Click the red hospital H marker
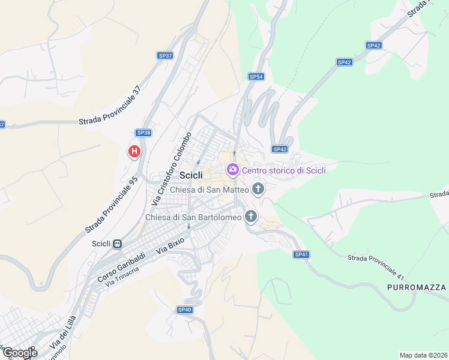click(134, 151)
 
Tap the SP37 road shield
click(165, 56)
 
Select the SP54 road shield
click(256, 76)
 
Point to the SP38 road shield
click(143, 133)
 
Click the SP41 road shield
click(301, 254)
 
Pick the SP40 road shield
click(185, 310)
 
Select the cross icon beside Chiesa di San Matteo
click(258, 190)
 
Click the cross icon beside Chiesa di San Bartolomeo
click(251, 217)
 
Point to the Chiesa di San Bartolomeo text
click(193, 217)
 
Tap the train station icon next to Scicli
click(118, 244)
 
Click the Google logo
click(19, 353)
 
